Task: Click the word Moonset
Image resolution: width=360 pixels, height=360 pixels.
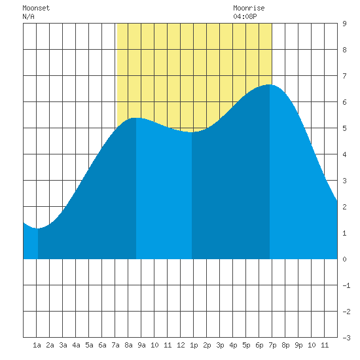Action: coord(36,8)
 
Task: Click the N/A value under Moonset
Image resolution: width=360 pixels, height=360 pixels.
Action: coord(28,16)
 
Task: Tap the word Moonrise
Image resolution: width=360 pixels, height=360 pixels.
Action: coord(249,8)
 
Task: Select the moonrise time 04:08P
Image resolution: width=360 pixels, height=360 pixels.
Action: coord(245,16)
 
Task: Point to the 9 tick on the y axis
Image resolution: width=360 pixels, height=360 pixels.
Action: coord(344,24)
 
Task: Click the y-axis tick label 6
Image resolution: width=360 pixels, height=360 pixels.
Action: coord(344,102)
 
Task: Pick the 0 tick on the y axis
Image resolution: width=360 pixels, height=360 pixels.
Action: coord(344,259)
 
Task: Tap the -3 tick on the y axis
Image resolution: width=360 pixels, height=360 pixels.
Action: coord(346,338)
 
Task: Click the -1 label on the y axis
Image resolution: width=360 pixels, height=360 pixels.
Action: coord(346,285)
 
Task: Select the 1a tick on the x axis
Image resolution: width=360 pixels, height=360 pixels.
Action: coord(37,345)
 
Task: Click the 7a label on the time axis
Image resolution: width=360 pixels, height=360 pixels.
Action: coord(115,345)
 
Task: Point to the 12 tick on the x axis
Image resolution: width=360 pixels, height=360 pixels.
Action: coord(181,345)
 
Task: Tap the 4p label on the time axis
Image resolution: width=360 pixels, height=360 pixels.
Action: coord(233,345)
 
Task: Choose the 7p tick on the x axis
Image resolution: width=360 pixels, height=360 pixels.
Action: coord(272,345)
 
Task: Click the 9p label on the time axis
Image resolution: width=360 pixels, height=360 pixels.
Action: coord(298,345)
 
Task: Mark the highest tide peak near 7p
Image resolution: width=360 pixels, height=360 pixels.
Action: coord(270,84)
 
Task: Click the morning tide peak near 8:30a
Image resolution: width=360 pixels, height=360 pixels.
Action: coord(136,118)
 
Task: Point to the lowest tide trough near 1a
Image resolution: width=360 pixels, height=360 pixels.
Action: coord(38,228)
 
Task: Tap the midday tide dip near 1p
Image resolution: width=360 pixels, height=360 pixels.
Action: coord(192,132)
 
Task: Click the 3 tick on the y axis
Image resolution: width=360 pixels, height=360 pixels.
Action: coord(344,181)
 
